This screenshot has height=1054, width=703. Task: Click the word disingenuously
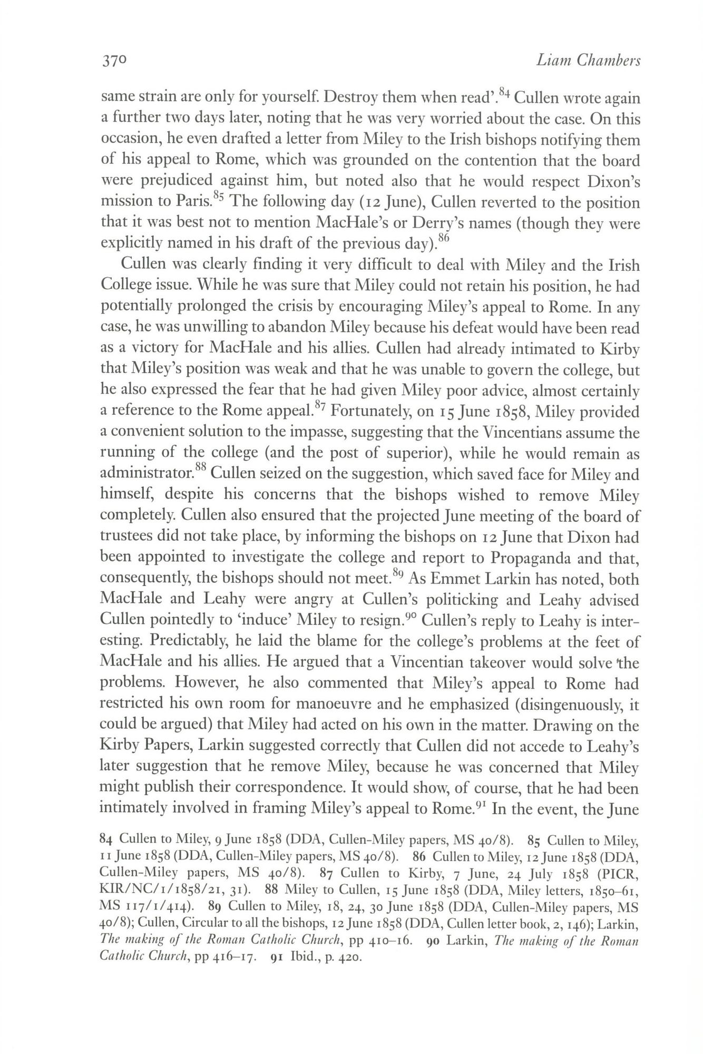point(555,705)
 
